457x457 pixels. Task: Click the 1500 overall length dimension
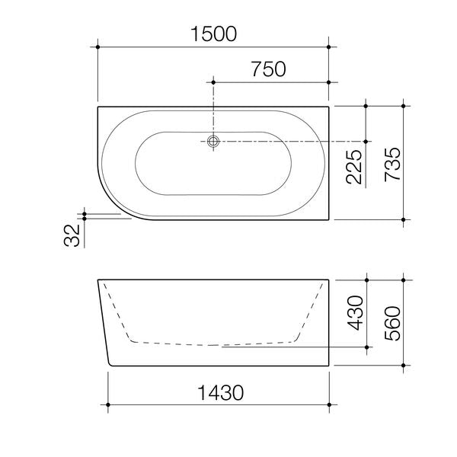pos(214,34)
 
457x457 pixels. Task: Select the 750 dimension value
pos(268,69)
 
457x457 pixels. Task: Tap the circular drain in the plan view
pos(214,141)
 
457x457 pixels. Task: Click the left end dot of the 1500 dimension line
pos(98,47)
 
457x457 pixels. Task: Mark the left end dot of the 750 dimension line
pos(214,82)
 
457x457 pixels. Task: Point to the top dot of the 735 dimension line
pos(404,107)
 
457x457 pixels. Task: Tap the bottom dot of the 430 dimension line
pos(368,347)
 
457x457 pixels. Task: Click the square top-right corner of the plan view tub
pos(328,107)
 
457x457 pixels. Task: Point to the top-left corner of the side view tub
pos(97,281)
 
